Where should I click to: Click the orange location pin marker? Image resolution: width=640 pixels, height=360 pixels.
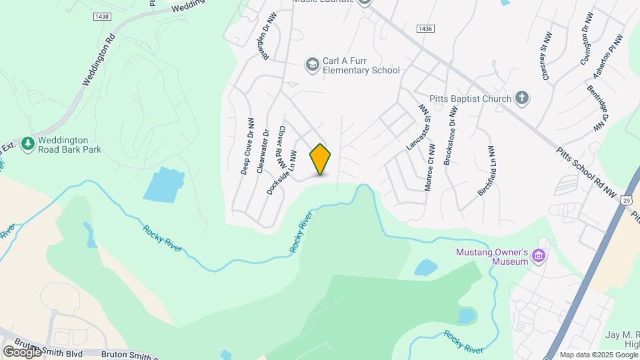[321, 159]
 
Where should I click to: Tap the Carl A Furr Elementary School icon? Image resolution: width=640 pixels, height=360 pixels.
[311, 65]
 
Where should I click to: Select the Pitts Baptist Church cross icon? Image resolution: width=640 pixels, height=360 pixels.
[523, 99]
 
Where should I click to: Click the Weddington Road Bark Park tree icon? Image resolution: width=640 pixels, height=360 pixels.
[27, 143]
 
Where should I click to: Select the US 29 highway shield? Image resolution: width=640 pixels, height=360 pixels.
[625, 200]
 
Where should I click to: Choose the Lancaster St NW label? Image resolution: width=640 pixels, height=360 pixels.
[415, 126]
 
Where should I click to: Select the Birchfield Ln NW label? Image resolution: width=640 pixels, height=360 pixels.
[486, 171]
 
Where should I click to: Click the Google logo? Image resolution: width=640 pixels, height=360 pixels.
[22, 351]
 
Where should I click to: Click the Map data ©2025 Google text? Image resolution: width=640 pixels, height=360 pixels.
[598, 355]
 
